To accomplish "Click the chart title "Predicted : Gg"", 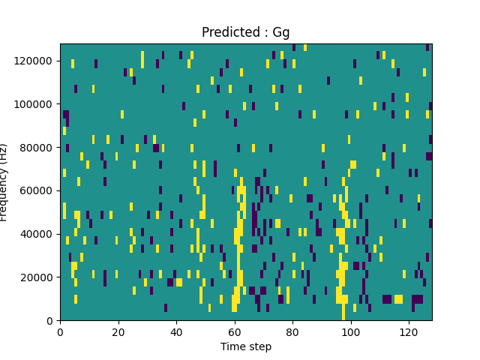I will (245, 32).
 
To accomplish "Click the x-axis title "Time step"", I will (245, 346).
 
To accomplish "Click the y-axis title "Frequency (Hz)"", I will (4, 182).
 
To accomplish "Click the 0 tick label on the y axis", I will (51, 320).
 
